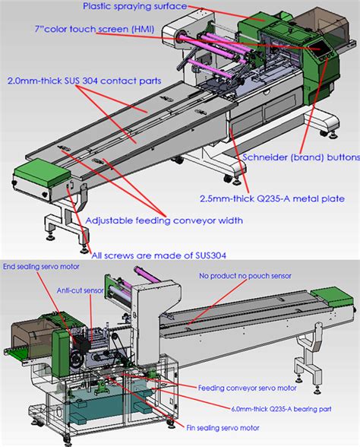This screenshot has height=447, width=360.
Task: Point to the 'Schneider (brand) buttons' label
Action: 301,157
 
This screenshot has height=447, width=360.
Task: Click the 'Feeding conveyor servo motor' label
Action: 245,387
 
